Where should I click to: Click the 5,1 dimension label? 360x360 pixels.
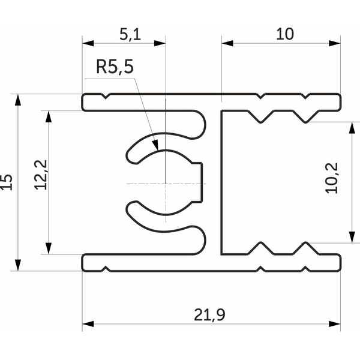[130, 35]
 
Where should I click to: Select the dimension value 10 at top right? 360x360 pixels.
[284, 34]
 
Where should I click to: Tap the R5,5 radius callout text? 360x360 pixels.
[115, 67]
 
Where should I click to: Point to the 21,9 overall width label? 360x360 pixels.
[209, 315]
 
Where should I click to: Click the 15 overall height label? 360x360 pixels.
[6, 182]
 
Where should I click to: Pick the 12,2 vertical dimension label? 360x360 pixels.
[41, 175]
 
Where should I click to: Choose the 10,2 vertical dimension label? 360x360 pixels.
[332, 178]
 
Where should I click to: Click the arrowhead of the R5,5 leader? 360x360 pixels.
[155, 146]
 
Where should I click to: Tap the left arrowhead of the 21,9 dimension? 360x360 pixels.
[88, 324]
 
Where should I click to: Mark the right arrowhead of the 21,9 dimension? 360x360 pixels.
[335, 324]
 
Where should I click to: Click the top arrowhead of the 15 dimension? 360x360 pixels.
[17, 100]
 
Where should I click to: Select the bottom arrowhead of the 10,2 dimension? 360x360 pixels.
[352, 237]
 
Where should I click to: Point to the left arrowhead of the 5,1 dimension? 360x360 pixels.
[88, 43]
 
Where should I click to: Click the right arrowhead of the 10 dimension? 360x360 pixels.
[335, 43]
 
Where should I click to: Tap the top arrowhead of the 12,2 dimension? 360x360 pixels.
[48, 116]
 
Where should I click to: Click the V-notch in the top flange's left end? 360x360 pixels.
[106, 96]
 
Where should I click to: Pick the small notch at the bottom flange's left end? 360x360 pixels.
[106, 269]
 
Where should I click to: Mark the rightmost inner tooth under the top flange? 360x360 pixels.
[305, 118]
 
